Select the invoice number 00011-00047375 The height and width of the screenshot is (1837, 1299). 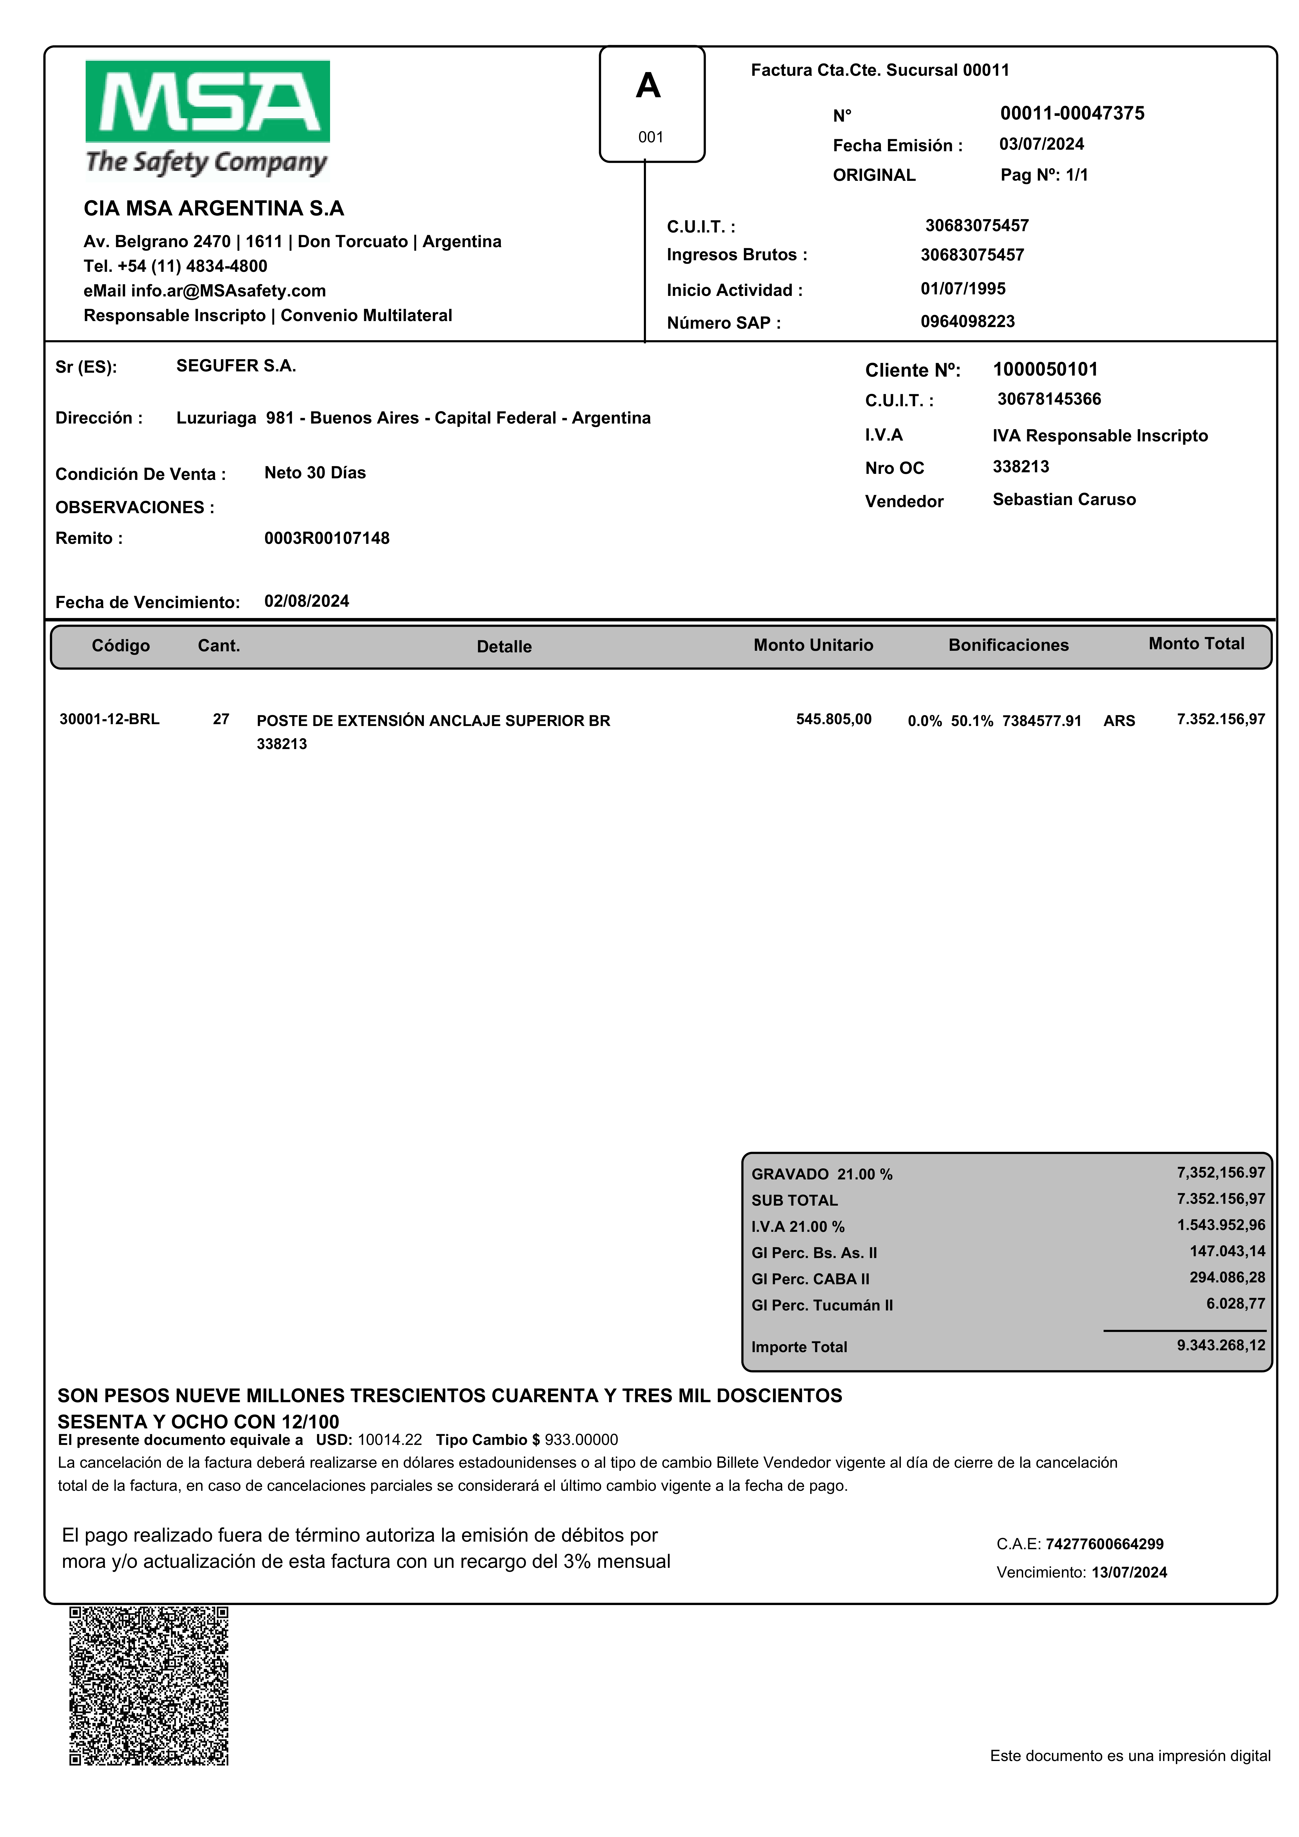[1072, 113]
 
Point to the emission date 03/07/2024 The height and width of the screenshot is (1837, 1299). [1042, 144]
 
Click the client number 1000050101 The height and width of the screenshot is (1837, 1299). [1045, 370]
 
